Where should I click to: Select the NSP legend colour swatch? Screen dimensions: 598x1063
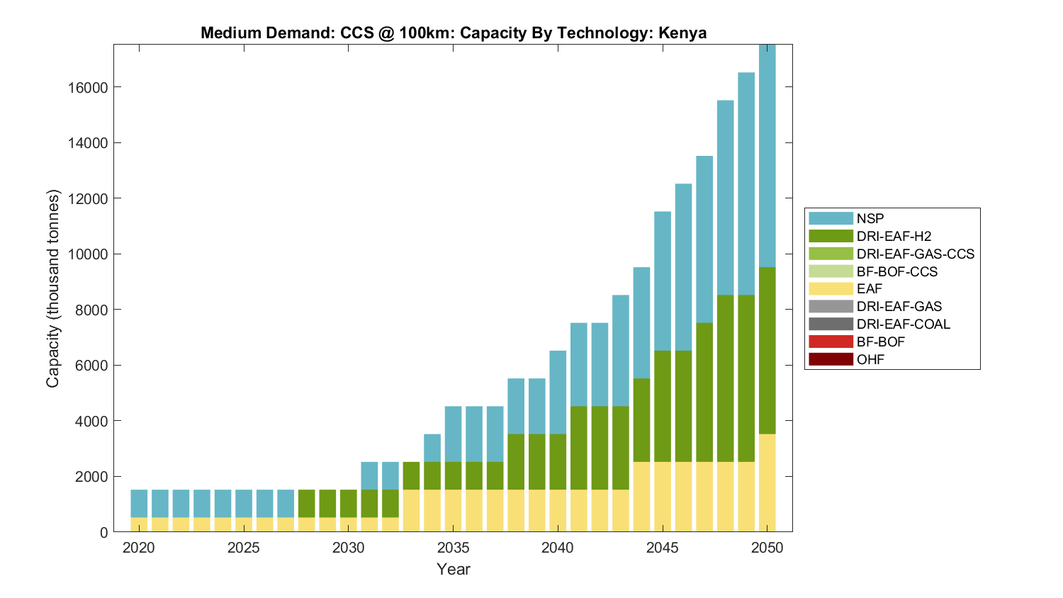click(831, 218)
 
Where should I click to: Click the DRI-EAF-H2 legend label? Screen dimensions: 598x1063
click(894, 236)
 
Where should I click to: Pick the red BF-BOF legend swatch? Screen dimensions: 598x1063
click(831, 342)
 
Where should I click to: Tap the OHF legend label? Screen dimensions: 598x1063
click(870, 359)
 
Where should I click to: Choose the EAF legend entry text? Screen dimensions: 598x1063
click(870, 288)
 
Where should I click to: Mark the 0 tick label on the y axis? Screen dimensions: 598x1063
click(104, 532)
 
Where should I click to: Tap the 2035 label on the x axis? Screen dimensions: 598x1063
click(454, 548)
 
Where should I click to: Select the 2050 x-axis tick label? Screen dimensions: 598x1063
click(767, 548)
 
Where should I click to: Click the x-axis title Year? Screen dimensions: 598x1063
click(454, 569)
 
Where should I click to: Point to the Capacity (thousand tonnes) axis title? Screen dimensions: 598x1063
click(53, 288)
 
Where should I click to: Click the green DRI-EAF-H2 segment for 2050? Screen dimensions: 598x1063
click(767, 351)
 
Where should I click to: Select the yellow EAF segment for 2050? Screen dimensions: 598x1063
click(767, 483)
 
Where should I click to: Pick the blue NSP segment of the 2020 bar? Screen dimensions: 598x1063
click(139, 504)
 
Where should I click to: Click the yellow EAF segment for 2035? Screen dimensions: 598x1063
click(454, 511)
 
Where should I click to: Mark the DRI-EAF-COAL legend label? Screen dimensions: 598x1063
click(904, 324)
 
